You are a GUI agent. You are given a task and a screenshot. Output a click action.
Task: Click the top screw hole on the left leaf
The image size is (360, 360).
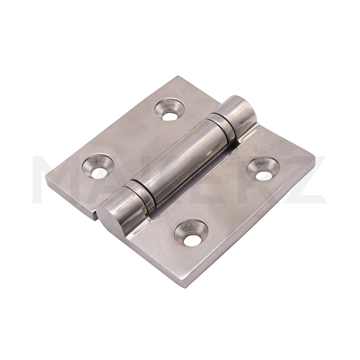tap(170, 109)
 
